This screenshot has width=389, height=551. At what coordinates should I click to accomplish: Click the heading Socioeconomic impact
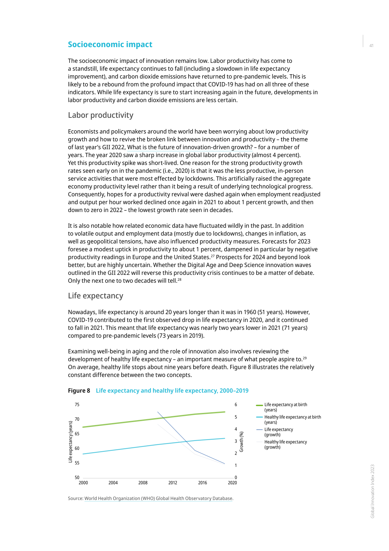110,44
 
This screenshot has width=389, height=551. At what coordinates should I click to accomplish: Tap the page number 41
371,46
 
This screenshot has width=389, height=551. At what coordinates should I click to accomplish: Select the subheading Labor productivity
101,115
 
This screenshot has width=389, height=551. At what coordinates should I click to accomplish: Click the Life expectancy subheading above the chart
95,296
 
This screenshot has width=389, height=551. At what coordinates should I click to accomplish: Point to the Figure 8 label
79,391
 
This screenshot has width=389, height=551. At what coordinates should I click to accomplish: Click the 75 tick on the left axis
77,405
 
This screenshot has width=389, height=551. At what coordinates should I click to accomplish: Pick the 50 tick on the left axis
77,477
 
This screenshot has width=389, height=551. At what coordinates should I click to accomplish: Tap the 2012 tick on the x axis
173,483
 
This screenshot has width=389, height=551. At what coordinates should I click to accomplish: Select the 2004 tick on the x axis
113,483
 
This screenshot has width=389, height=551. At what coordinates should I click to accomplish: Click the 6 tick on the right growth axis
236,405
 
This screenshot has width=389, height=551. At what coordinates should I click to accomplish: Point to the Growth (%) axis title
242,442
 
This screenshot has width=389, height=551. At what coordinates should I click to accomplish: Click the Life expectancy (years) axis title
70,442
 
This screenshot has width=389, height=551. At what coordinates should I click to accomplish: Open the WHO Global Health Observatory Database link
158,499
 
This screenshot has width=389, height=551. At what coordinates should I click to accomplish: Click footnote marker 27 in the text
212,256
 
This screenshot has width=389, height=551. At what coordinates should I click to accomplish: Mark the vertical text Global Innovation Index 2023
372,491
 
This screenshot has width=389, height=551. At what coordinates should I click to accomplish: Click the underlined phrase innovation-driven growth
206,147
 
